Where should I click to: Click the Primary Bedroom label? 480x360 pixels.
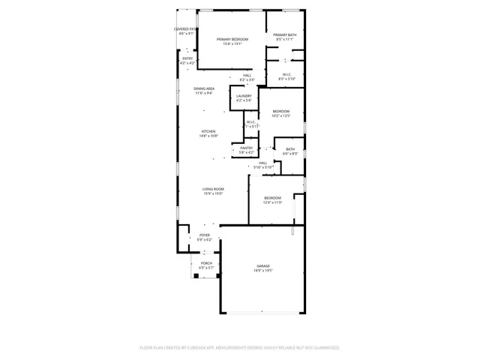(232, 39)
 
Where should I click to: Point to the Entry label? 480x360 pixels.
(187, 58)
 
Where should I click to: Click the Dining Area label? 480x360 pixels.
(205, 89)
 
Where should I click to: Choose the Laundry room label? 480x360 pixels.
(244, 96)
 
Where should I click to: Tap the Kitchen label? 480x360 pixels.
(208, 131)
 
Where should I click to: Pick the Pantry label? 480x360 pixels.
(247, 148)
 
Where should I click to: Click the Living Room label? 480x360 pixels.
(213, 189)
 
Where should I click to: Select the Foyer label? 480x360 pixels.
(205, 235)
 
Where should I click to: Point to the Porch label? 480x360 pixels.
(206, 263)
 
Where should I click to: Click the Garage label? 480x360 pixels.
(263, 266)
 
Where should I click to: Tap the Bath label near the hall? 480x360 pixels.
(290, 149)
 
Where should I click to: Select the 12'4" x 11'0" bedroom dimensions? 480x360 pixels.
(272, 202)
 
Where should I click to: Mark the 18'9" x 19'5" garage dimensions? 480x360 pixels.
(263, 271)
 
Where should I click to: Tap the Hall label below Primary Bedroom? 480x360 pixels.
(246, 75)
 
